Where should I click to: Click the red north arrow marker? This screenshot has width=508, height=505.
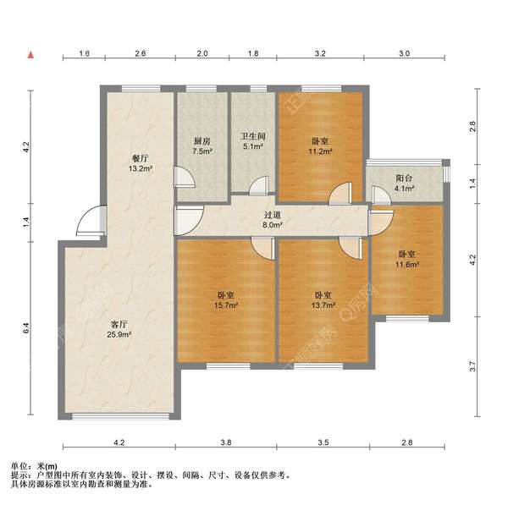tap(30, 55)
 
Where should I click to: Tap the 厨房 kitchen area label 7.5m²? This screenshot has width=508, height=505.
tap(202, 151)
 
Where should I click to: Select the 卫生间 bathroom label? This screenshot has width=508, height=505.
tap(252, 136)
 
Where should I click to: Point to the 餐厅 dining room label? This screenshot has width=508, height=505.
tap(140, 158)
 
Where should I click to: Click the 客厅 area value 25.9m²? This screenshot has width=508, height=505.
tap(119, 334)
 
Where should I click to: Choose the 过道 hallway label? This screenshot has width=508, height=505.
tap(272, 215)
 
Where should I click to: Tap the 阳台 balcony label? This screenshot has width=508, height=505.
tap(404, 178)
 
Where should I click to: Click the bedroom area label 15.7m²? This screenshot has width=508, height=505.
tap(226, 305)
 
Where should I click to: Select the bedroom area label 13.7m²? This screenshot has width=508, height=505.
tap(323, 305)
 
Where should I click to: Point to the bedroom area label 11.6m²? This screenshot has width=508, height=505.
tap(407, 264)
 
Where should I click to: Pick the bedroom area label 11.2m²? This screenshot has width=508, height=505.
tap(320, 151)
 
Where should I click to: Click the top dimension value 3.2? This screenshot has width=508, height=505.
tap(320, 53)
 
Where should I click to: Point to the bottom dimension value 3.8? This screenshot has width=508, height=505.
tap(226, 442)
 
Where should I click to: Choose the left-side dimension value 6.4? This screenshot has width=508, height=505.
tap(26, 328)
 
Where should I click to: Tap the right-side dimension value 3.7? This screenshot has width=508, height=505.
tap(472, 366)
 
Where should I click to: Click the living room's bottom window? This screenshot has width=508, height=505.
tap(120, 416)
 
